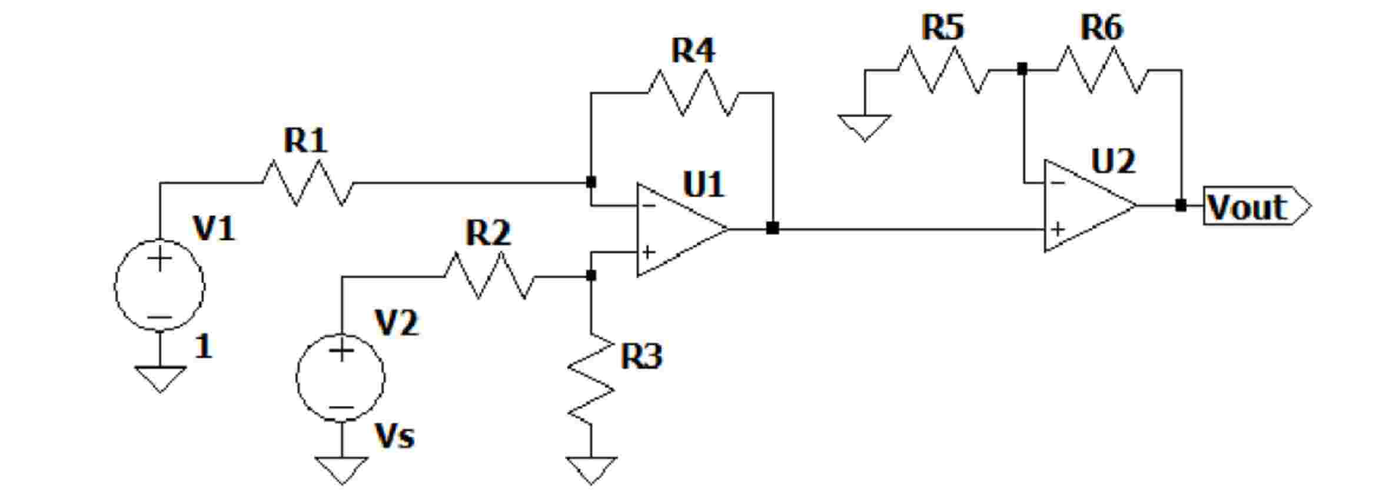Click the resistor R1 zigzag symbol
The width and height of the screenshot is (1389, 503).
308,183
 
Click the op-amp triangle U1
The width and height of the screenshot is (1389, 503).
677,229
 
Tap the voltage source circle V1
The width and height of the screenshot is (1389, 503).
159,287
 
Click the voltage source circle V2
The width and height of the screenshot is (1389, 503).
341,378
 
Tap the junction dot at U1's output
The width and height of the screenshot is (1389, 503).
773,229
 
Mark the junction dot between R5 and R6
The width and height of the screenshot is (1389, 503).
1022,70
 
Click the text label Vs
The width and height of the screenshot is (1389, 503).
394,436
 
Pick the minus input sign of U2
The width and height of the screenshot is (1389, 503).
1057,183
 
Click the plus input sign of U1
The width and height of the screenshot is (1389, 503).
648,253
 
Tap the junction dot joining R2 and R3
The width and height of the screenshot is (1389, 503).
592,276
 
